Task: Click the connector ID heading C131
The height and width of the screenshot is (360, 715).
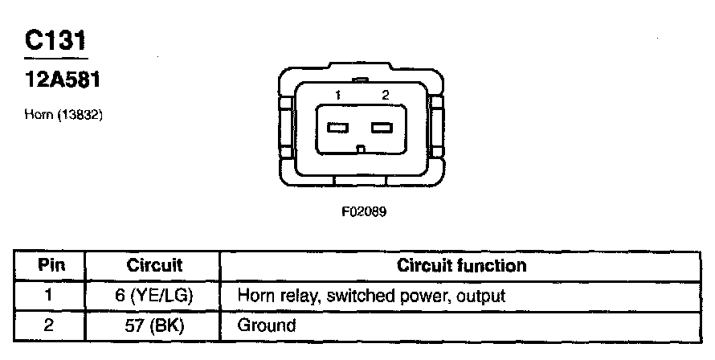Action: [x=55, y=40]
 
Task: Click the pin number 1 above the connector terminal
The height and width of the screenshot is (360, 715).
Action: [x=338, y=96]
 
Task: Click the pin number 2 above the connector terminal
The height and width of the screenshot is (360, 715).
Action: [x=386, y=96]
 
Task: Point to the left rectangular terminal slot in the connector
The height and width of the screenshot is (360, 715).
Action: [x=338, y=127]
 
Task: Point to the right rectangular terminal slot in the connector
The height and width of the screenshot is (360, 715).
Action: [x=382, y=127]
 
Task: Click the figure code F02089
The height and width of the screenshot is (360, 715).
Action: [x=358, y=213]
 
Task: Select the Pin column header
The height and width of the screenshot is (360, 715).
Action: [x=51, y=265]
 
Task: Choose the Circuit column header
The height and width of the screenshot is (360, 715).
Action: [x=154, y=265]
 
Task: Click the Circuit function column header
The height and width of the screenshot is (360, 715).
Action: [x=462, y=265]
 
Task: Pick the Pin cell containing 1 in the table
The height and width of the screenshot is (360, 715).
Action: [x=49, y=296]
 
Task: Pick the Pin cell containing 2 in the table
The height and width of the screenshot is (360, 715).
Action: [x=49, y=325]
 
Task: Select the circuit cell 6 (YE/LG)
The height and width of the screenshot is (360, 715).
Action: [x=154, y=296]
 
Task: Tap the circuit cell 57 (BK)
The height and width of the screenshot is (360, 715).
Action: [x=154, y=325]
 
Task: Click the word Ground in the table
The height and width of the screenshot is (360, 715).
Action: [x=267, y=325]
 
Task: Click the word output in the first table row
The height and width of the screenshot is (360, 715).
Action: [x=481, y=296]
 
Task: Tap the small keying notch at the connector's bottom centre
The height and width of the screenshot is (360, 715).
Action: [x=361, y=148]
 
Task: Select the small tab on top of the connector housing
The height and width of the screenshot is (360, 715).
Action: [x=361, y=80]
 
